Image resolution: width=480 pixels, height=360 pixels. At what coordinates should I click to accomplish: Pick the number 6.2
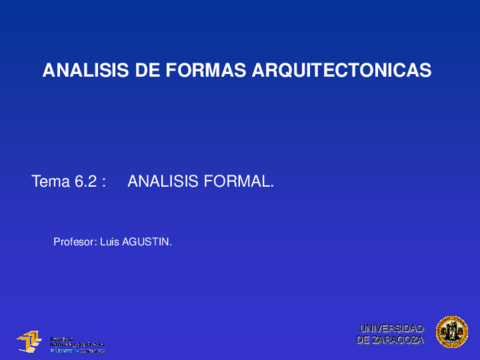(87, 182)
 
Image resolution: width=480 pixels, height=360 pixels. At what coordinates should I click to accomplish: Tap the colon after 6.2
(104, 182)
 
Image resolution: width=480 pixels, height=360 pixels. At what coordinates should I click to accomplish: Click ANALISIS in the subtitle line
(163, 182)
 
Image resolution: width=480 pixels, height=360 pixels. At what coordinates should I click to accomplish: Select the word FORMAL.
(238, 182)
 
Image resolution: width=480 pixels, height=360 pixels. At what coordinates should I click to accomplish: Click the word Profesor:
(74, 241)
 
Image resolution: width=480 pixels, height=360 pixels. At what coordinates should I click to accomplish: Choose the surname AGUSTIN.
(147, 241)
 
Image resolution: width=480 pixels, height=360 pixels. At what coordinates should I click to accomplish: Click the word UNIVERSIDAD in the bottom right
(392, 328)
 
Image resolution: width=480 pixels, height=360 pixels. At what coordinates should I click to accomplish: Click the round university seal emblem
(451, 332)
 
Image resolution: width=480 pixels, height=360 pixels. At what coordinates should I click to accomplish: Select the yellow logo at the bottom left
(30, 341)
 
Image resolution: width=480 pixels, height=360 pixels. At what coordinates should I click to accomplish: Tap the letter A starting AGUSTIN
(126, 241)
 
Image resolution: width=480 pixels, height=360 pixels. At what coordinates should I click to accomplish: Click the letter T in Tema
(37, 182)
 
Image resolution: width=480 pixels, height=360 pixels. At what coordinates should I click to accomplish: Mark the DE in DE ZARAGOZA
(365, 340)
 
